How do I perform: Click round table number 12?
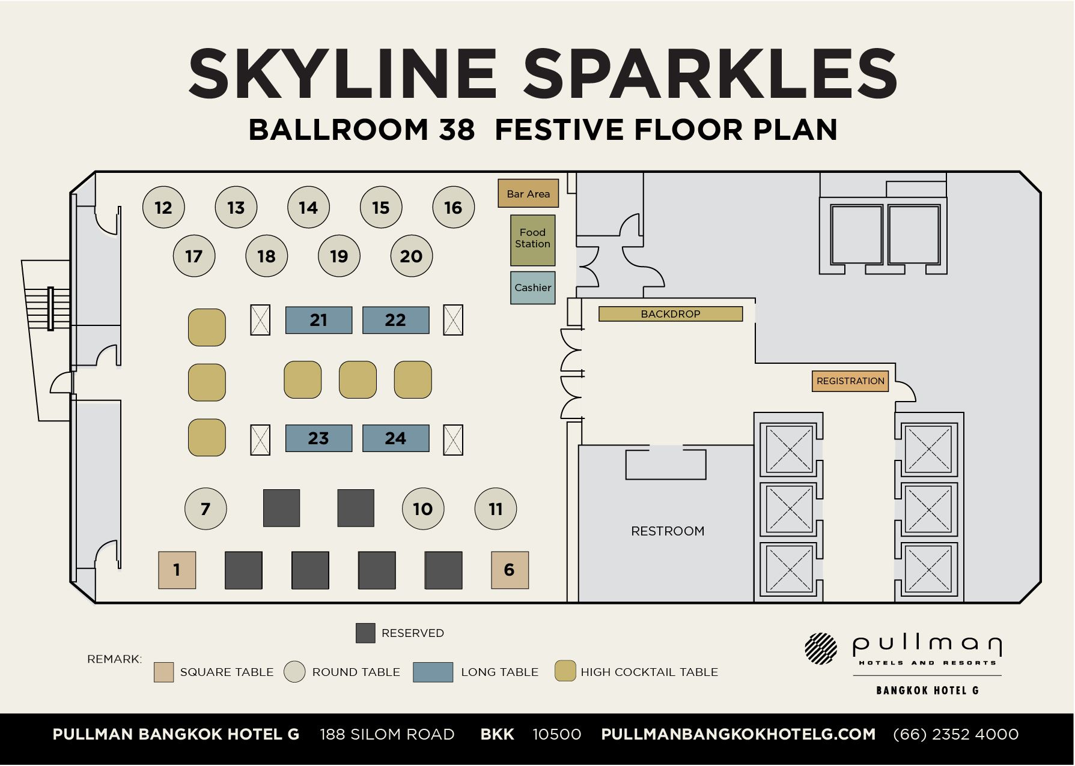click(163, 208)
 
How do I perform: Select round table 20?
click(412, 256)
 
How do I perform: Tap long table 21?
click(318, 320)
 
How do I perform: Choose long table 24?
click(395, 438)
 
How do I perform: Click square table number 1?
click(177, 570)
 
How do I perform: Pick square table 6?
click(510, 570)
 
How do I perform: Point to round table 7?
click(206, 509)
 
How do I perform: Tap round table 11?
click(496, 509)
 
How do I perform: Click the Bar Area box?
click(528, 193)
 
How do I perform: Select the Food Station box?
click(532, 240)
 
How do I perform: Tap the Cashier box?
click(532, 288)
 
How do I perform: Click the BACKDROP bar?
click(671, 314)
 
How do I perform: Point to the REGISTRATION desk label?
click(850, 381)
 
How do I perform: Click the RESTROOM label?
click(668, 531)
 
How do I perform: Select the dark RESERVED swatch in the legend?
click(365, 633)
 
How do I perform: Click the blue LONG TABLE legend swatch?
click(433, 672)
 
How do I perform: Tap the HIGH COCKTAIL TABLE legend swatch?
click(565, 671)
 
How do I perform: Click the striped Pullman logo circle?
click(821, 648)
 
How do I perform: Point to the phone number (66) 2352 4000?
click(955, 734)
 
